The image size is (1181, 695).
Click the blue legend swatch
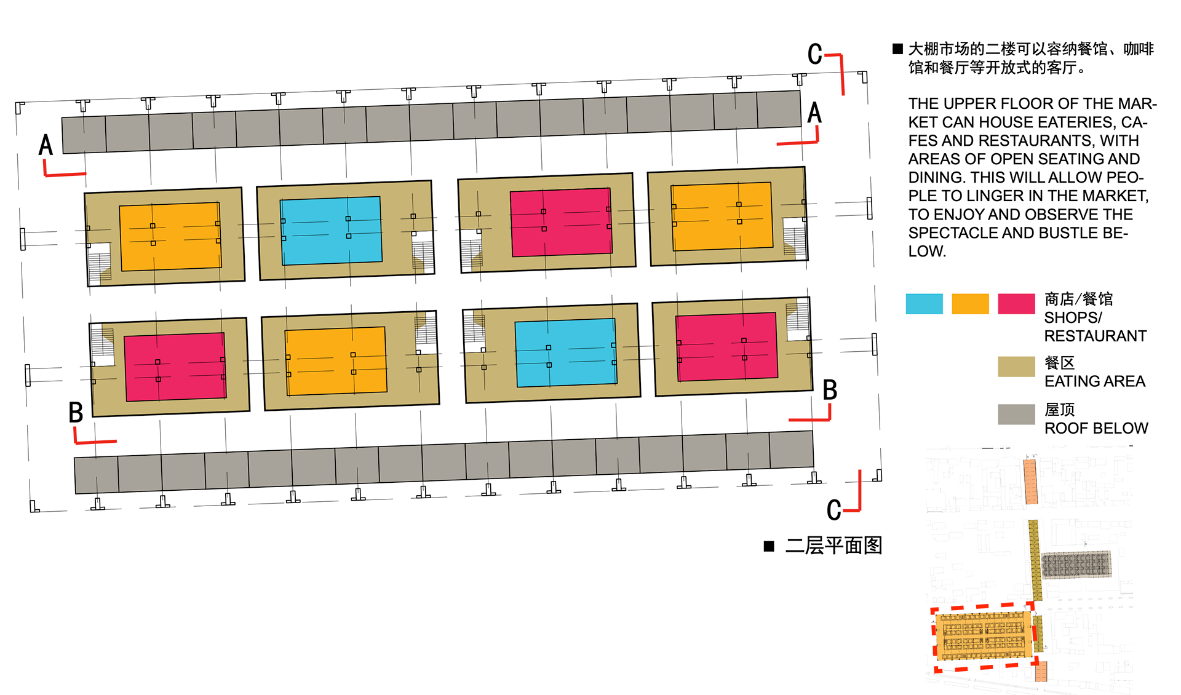click(x=924, y=304)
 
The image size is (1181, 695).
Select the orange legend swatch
click(x=970, y=304)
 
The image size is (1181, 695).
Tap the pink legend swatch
click(x=1016, y=304)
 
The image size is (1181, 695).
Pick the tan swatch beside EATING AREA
click(x=1016, y=367)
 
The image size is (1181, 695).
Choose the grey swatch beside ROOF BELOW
click(x=1016, y=414)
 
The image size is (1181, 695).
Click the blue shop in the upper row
click(x=331, y=231)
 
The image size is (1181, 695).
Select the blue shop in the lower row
click(x=566, y=352)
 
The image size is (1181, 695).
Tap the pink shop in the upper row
click(x=561, y=222)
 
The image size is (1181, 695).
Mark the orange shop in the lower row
click(x=335, y=361)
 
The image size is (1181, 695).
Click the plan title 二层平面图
click(x=833, y=546)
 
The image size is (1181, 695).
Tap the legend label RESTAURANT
click(x=1095, y=336)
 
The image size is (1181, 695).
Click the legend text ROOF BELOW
click(x=1096, y=428)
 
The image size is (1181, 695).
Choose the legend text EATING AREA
click(x=1094, y=381)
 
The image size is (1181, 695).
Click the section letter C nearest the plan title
click(x=834, y=510)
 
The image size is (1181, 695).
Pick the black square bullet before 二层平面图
click(x=769, y=546)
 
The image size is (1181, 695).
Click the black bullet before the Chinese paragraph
click(x=898, y=49)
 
